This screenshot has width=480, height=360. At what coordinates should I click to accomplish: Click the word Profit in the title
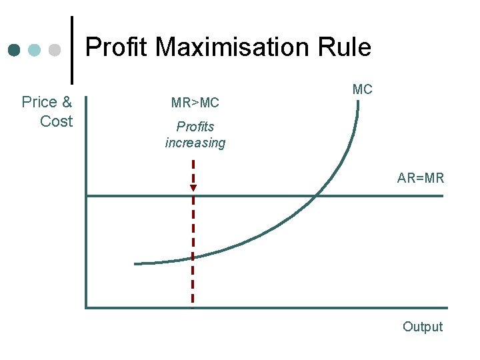[x=117, y=47]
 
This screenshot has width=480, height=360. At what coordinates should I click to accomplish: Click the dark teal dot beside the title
[x=14, y=50]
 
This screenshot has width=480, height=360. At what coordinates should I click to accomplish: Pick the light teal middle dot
[x=35, y=50]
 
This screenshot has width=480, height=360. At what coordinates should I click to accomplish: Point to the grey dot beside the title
[x=55, y=50]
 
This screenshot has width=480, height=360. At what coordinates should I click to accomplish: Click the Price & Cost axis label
[x=48, y=111]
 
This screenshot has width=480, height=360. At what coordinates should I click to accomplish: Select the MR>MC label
[x=195, y=103]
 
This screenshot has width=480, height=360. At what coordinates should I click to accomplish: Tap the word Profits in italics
[x=195, y=126]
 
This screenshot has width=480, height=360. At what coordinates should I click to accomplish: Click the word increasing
[x=195, y=143]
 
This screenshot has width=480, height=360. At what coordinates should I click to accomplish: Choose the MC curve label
[x=363, y=89]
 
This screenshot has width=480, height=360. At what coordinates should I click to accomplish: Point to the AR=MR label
[x=421, y=178]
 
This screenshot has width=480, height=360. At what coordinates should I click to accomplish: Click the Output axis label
[x=423, y=327]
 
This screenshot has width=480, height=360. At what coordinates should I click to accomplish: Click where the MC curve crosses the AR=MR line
[x=315, y=195]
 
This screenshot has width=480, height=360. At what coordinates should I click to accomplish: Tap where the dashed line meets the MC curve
[x=193, y=255]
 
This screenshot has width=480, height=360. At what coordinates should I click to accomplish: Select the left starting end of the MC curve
[x=135, y=264]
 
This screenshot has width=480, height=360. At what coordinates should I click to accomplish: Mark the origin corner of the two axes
[x=87, y=307]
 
